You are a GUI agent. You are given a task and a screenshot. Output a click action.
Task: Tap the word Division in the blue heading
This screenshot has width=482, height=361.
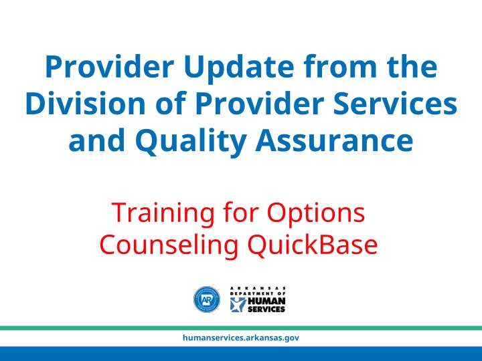[85, 104]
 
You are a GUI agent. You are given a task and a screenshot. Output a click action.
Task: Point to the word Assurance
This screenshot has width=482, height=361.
[334, 141]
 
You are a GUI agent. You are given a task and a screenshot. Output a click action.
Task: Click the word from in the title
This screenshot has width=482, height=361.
[339, 66]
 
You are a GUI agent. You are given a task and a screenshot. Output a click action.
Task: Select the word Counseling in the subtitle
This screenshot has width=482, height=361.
[169, 245]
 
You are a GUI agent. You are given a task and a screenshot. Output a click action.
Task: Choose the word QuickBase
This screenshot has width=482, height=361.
[313, 245]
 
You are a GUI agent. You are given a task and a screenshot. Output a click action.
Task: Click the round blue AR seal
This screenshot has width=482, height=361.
[207, 299]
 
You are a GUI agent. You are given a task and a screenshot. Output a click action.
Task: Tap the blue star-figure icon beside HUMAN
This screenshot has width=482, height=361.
[238, 305]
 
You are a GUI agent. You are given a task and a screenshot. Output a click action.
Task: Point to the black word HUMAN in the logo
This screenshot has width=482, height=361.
[266, 301]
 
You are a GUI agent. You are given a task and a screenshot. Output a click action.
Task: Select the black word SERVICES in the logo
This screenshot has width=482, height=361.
[266, 309]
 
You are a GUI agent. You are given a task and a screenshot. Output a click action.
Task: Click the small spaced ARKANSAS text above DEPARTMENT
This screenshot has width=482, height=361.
[258, 288]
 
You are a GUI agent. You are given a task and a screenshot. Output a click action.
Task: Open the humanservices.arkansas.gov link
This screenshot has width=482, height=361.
[241, 338]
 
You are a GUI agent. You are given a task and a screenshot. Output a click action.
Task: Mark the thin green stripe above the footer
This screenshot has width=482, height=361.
[241, 328]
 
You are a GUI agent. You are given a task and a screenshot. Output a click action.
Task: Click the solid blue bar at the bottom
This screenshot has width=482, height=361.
[241, 354]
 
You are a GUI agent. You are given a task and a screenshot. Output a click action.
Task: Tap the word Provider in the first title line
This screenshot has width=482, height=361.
[110, 67]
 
